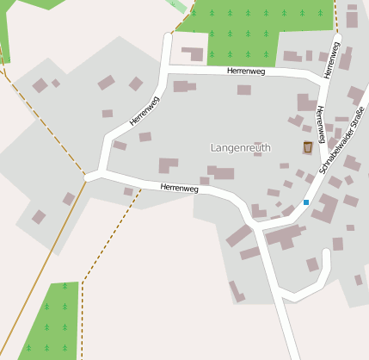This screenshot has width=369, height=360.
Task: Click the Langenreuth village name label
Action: tap(240, 148)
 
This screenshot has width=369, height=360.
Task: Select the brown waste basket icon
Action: tap(308, 148)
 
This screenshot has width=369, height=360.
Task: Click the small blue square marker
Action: tap(305, 202)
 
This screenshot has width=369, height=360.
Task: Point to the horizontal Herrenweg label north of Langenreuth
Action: tap(246, 71)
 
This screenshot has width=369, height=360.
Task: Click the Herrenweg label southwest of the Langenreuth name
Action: tap(179, 187)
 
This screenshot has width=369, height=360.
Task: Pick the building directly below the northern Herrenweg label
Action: tap(244, 90)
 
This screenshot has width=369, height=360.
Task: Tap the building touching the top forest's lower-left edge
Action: tap(194, 54)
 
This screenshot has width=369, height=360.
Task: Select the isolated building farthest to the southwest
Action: tap(39, 217)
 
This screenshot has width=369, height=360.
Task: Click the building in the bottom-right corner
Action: tap(359, 280)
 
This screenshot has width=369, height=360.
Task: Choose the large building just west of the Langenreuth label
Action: tap(168, 164)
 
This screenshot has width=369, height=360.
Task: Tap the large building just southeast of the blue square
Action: tap(326, 208)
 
